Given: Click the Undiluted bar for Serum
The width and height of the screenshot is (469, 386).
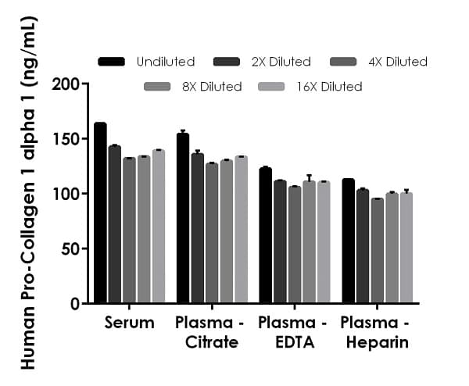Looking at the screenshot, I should (x=100, y=213).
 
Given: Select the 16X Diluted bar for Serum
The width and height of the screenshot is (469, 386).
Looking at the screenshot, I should (x=159, y=226).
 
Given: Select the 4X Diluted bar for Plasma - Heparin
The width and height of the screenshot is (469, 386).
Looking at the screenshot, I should (x=378, y=251).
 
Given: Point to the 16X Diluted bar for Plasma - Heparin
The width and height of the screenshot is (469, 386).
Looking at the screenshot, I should (x=406, y=248).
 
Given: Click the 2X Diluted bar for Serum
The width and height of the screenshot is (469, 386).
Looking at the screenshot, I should (x=115, y=224).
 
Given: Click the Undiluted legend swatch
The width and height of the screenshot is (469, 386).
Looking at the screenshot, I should (x=112, y=62).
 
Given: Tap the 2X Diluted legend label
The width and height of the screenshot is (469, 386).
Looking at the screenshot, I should (x=282, y=62).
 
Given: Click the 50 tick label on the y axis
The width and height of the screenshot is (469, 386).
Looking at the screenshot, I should (x=71, y=248).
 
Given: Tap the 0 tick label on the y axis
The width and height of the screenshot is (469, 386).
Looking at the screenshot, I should (x=75, y=303).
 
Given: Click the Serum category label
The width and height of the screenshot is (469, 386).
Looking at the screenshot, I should (x=129, y=323).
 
